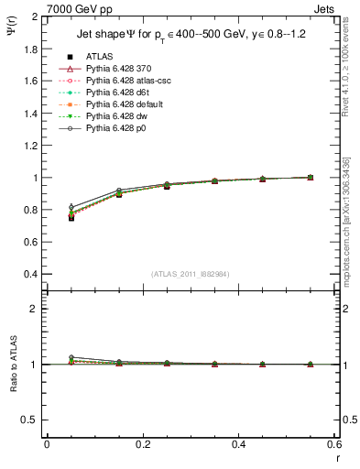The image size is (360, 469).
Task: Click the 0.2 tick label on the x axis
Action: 142,444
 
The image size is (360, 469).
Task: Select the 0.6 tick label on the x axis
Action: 333,444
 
